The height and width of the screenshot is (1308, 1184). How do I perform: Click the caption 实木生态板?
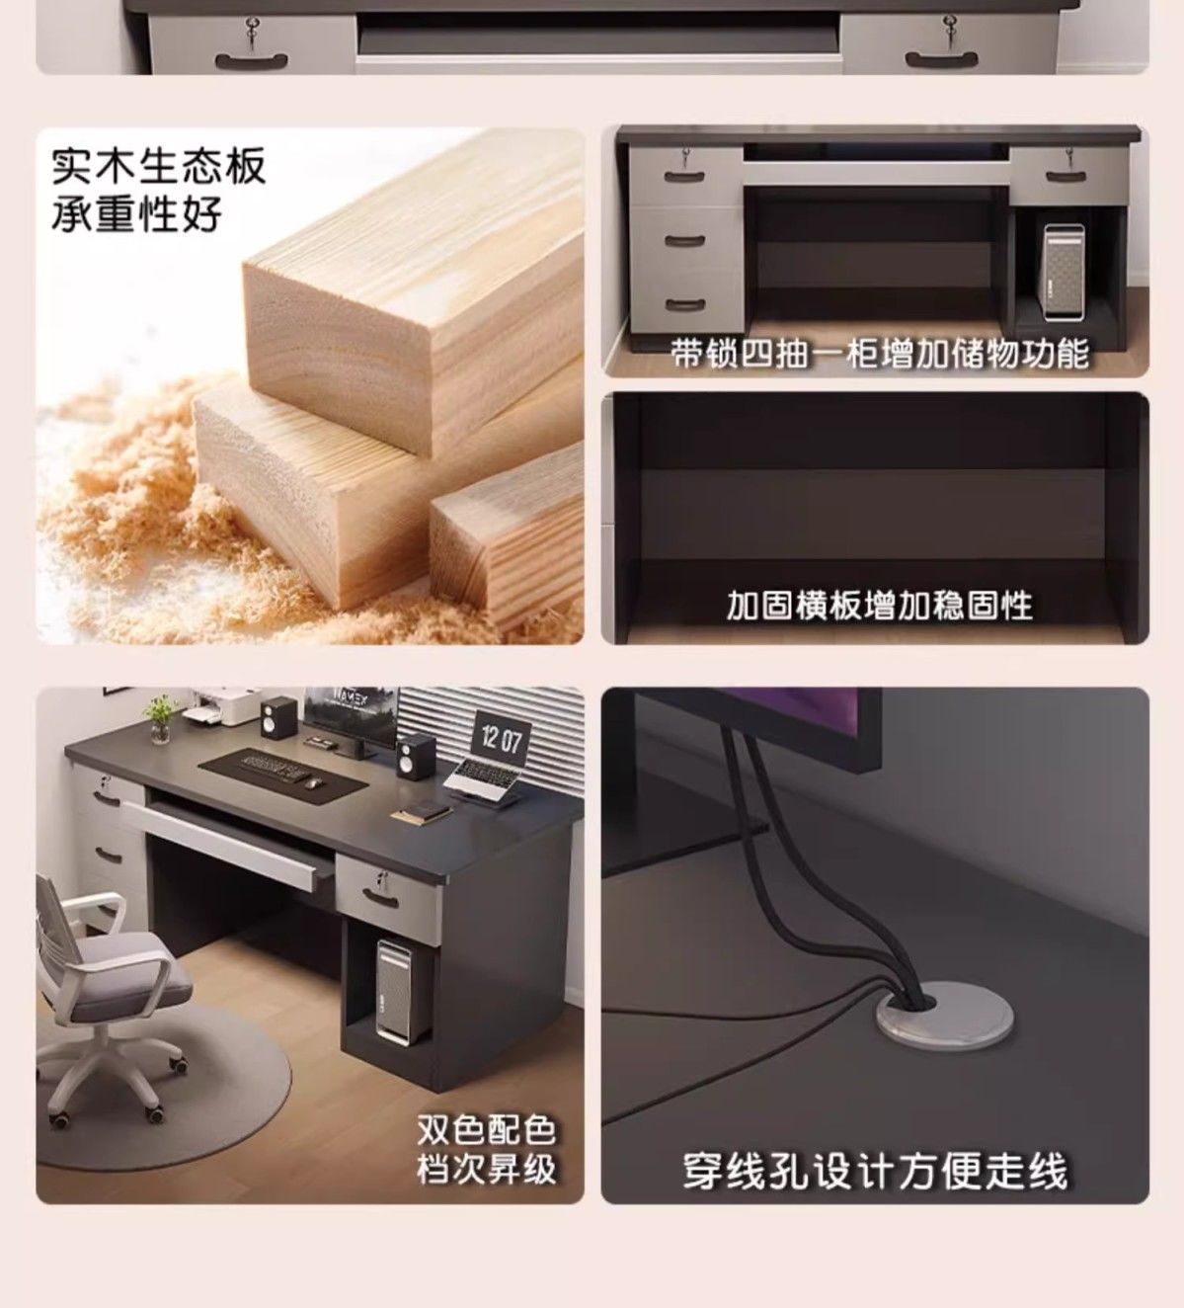(x=158, y=166)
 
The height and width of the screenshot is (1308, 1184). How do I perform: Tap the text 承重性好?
(x=137, y=213)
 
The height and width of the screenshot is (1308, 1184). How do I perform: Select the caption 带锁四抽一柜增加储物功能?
(x=880, y=354)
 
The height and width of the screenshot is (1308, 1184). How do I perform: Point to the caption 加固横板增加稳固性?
(x=880, y=605)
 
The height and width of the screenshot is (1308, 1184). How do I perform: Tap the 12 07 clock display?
(x=501, y=740)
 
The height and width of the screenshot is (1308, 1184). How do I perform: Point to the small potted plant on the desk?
(x=160, y=718)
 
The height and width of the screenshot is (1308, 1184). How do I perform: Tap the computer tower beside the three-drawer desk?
(x=1064, y=272)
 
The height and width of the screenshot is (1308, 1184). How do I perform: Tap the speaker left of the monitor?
(x=279, y=717)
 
